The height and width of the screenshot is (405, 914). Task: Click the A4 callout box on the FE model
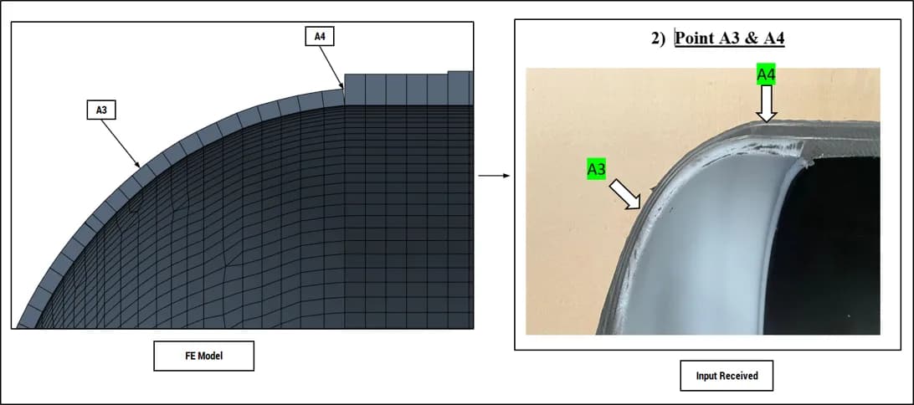tap(320, 36)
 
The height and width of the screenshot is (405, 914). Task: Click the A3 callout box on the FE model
tap(101, 110)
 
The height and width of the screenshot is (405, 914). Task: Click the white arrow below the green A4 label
tap(767, 104)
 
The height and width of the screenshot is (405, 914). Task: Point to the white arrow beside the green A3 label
tap(625, 194)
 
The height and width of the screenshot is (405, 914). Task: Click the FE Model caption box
tap(203, 356)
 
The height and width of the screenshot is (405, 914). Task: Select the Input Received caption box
tap(727, 376)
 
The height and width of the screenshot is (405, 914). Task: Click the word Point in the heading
tap(694, 39)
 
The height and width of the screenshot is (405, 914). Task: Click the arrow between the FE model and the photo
tap(494, 175)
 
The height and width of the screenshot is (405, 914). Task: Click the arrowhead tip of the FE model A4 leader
tap(343, 90)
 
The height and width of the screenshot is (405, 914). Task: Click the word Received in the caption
tap(740, 376)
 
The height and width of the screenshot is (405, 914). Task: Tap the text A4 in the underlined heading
tap(773, 39)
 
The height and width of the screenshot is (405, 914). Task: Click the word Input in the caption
tap(707, 377)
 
